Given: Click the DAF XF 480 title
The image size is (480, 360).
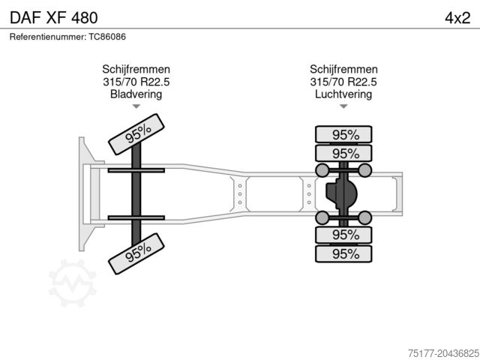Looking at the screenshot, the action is [54, 18].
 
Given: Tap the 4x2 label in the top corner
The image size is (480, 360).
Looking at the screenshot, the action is [457, 18].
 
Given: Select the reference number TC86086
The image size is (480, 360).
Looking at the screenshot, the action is [107, 37].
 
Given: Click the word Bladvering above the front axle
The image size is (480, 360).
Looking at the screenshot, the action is [136, 94].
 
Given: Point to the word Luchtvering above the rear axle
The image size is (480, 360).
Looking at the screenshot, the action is [343, 94].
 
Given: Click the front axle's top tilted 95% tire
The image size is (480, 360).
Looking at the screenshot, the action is [136, 134].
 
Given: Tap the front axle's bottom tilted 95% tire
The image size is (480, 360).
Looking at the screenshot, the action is [136, 253].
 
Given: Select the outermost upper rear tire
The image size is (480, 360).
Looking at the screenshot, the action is [343, 134].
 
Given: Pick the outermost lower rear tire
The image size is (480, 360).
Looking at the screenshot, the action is [343, 253].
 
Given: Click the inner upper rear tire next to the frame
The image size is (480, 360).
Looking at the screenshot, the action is [343, 153].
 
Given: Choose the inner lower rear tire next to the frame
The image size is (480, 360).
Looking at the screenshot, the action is [343, 235].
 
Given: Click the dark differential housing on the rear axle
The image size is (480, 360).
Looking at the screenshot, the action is [341, 194].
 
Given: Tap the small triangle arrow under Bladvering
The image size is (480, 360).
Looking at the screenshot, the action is [136, 106].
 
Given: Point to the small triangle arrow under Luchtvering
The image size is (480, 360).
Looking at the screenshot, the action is [343, 106].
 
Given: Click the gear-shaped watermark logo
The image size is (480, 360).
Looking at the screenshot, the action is [72, 283].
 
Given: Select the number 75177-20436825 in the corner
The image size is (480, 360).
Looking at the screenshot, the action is [443, 353].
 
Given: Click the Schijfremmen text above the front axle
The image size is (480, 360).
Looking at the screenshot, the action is [136, 69].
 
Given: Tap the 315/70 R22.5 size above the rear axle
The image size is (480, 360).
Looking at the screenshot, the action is [343, 82].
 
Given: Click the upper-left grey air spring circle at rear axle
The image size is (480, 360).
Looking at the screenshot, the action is [322, 170].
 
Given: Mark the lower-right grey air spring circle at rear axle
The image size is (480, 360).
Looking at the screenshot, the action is [365, 217].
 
